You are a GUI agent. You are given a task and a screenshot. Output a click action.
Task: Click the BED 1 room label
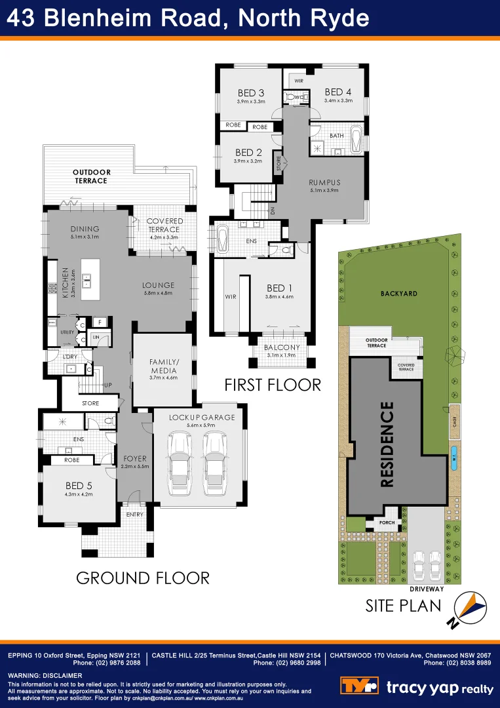[276, 288]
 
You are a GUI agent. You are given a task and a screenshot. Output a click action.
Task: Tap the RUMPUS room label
[326, 182]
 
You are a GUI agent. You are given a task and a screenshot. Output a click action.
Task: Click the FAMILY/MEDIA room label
[163, 365]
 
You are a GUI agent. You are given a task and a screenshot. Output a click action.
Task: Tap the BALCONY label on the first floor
[282, 347]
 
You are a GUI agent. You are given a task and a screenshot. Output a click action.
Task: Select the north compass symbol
[471, 609]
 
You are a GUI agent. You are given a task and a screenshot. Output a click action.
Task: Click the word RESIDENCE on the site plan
[387, 444]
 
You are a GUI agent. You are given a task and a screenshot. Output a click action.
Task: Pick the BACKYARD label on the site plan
[398, 294]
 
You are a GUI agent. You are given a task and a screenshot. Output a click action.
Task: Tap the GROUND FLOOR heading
[143, 578]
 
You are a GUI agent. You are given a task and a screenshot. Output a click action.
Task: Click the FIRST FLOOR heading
[273, 385]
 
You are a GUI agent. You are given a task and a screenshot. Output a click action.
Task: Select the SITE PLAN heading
[403, 606]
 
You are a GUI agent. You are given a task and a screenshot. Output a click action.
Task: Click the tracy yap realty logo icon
[359, 686]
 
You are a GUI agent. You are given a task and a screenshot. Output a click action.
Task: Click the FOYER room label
[134, 458]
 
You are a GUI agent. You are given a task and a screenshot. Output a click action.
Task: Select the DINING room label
[85, 229]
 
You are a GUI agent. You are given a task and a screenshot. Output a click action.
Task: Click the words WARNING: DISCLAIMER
[45, 675]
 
